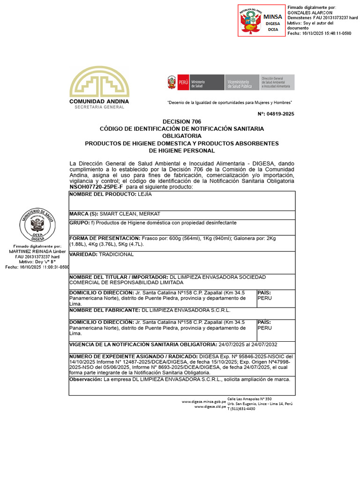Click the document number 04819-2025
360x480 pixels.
(x=279, y=114)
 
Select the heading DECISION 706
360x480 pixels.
(x=181, y=121)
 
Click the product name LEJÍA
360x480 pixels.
(x=144, y=194)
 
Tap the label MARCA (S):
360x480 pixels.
(x=83, y=214)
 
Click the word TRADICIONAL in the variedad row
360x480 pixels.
(x=116, y=255)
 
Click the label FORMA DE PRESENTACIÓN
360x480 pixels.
(x=105, y=239)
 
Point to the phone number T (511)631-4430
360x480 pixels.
(x=241, y=409)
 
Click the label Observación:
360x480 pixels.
(x=86, y=379)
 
